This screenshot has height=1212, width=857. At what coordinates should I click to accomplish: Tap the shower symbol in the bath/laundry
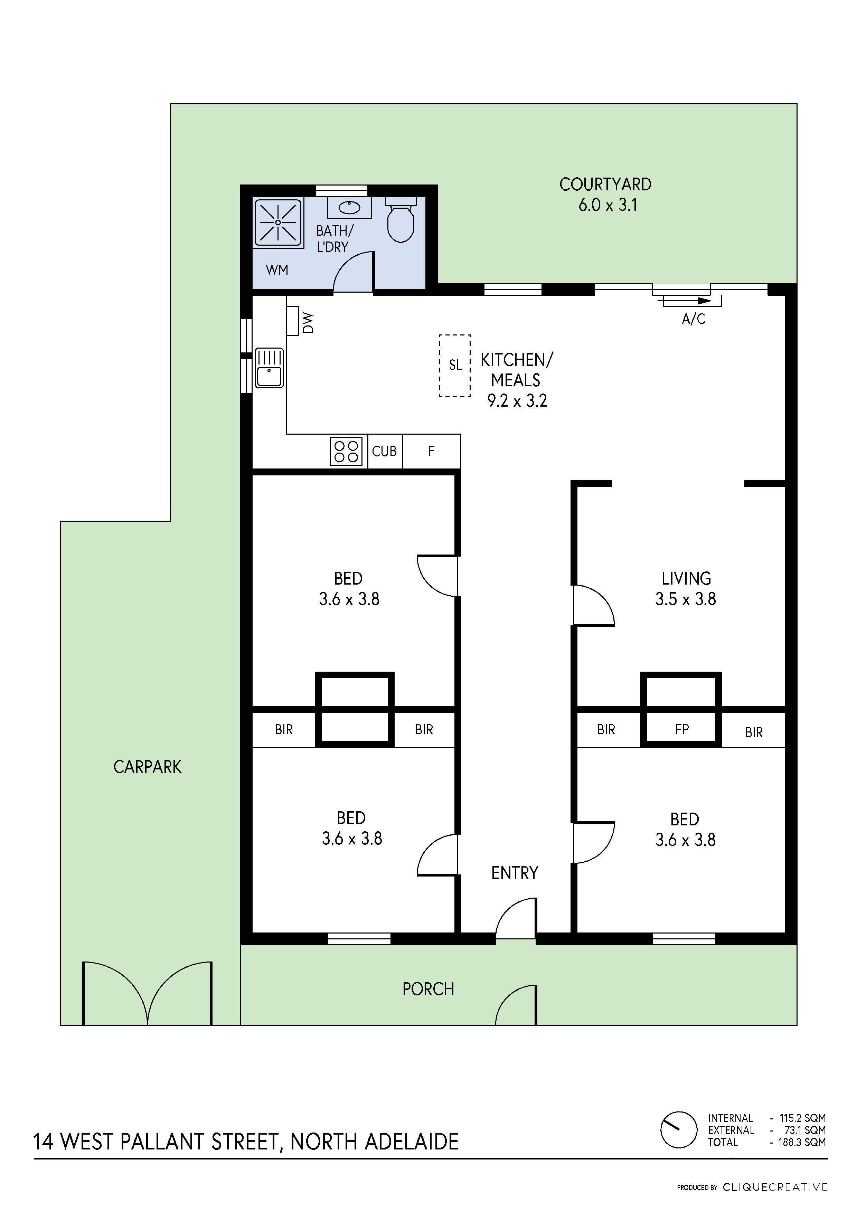pos(278,222)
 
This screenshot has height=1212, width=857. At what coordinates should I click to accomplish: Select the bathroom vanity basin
pos(349,207)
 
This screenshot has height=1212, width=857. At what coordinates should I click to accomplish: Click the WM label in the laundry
pos(277,270)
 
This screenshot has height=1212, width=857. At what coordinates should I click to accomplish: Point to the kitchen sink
pos(269,368)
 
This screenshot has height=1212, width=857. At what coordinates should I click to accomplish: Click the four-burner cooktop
pos(346,451)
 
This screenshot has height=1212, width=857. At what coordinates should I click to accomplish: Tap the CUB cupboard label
pos(384,451)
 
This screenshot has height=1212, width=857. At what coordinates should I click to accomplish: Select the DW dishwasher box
pos(293,321)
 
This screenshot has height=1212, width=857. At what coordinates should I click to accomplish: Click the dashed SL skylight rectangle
pos(455,365)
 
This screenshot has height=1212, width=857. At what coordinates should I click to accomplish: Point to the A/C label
pos(693,319)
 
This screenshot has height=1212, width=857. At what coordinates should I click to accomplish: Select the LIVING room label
pos(686,579)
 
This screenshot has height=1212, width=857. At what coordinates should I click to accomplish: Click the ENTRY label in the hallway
pos(514,873)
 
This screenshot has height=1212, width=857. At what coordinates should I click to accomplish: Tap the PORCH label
pos(428,989)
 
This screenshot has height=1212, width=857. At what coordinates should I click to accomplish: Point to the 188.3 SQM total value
pos(802,1142)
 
